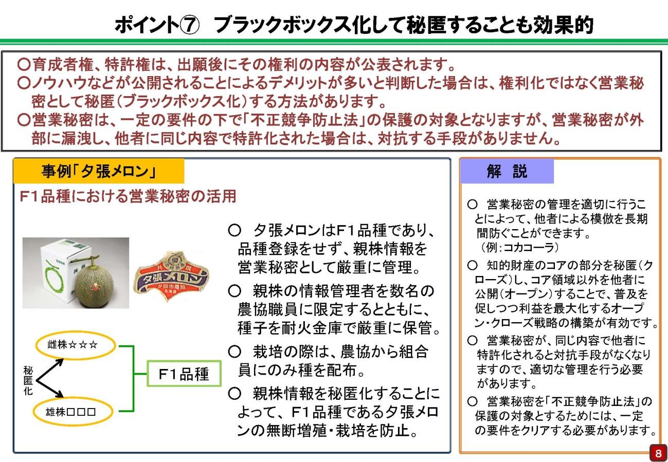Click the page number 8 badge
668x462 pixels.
click(657, 453)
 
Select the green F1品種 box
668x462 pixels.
click(184, 374)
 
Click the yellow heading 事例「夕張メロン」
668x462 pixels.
click(98, 172)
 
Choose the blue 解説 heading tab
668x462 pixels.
click(507, 172)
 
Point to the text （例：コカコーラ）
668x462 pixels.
click(519, 247)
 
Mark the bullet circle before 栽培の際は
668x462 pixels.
click(234, 352)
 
